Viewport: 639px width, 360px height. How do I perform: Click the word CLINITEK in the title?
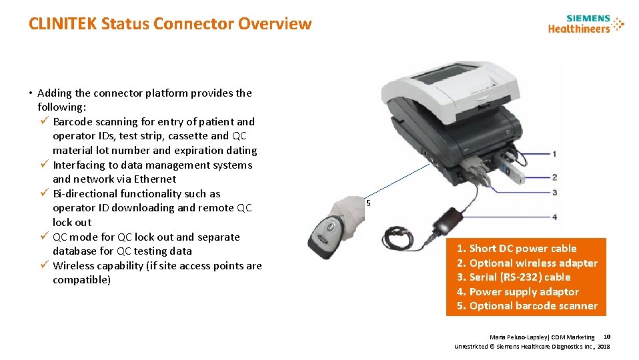(x=63, y=23)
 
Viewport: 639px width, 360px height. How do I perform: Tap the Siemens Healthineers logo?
(x=586, y=25)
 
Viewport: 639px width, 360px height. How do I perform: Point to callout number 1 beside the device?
(x=554, y=154)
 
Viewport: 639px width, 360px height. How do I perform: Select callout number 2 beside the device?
(x=554, y=177)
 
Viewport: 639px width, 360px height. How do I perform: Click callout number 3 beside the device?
(x=554, y=192)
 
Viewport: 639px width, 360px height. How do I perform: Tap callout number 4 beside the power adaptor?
(x=554, y=217)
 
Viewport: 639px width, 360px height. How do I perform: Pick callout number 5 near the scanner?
(x=368, y=203)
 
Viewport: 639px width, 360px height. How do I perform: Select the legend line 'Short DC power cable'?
(x=516, y=249)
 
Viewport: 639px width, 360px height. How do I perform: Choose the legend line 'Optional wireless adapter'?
(x=527, y=263)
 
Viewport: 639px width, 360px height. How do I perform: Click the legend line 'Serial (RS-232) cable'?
(x=514, y=277)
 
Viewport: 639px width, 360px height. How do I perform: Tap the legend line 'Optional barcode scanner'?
(x=527, y=306)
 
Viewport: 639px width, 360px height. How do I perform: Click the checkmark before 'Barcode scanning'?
(x=45, y=121)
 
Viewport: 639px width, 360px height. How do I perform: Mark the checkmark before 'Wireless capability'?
(x=45, y=265)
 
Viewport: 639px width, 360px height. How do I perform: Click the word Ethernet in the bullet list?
(x=155, y=179)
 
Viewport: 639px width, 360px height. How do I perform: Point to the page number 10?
(x=607, y=337)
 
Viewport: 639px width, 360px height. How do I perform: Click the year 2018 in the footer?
(x=604, y=347)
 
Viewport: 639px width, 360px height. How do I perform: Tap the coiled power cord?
(x=398, y=237)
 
